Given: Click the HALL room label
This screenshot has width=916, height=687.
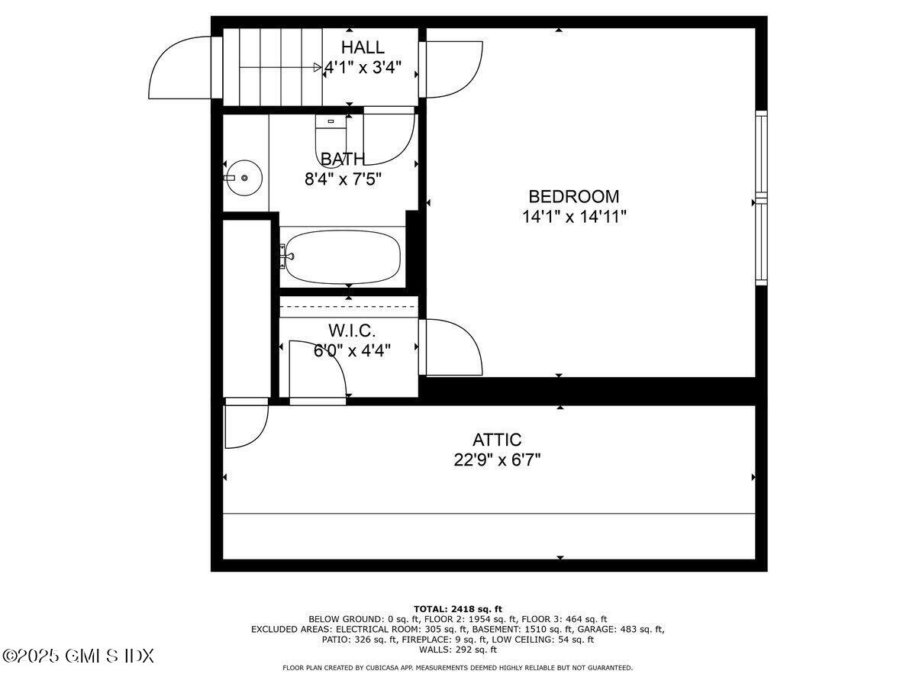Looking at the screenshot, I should coord(363,47).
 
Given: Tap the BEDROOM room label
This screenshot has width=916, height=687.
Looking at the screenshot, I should coord(574,196).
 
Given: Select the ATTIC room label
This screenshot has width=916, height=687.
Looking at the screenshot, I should coord(497,440).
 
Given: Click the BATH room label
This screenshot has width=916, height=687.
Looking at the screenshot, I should coord(343,159).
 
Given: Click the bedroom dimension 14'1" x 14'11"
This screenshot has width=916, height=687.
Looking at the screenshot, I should coord(574,217).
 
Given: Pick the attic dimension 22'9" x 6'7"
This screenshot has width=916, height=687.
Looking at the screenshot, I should coord(497,460).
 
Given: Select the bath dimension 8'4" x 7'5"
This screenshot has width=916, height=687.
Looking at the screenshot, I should coord(343,179).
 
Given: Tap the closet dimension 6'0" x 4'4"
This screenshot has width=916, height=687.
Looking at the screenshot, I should coord(352,351).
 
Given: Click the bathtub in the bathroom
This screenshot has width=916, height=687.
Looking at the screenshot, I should coord(340,257).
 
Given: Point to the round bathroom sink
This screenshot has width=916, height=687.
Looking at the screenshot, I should coord(244,177).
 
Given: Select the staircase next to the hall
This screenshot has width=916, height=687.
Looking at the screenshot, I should coord(271,67).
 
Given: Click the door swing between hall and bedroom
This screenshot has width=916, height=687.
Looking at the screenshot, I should coord(453,69).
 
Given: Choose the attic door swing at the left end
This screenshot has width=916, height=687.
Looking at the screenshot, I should coord(246,424).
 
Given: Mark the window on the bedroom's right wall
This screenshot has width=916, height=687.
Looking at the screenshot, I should coord(761,198).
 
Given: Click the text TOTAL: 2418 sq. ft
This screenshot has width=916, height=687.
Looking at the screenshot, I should coord(458,608).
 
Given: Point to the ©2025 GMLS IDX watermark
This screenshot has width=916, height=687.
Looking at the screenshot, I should coord(79,656).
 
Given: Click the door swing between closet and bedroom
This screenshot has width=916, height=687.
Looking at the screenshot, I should coord(452,347).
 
